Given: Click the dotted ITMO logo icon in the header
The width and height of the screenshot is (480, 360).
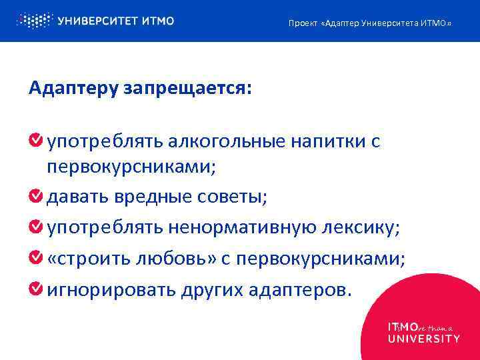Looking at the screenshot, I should click(x=33, y=21).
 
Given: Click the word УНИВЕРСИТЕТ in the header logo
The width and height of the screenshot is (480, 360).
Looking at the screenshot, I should click(x=99, y=21).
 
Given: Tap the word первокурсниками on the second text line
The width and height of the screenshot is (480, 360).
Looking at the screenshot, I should click(x=131, y=167).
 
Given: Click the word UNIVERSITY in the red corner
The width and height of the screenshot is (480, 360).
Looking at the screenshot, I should click(x=423, y=338).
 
